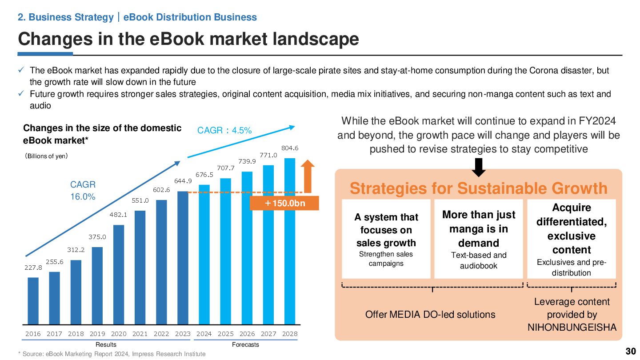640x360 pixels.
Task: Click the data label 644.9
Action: coord(183,181)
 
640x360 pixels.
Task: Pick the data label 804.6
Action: coord(290,148)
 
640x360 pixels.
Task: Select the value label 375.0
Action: coord(97,237)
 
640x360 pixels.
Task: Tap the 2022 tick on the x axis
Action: coord(161,334)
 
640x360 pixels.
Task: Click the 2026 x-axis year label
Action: coord(247,334)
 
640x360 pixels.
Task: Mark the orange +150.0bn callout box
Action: coord(284,203)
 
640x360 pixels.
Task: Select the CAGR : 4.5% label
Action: coord(224,131)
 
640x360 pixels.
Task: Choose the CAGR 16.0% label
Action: coord(83,190)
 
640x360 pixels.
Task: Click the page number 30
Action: coord(630,352)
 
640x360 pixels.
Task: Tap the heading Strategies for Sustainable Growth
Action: coord(479,188)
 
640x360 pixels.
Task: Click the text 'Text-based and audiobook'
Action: coord(479,260)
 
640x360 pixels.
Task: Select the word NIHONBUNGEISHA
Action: coord(572,328)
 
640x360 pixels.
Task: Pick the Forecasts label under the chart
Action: coord(245,345)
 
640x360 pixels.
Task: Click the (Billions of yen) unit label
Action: coord(46,156)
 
